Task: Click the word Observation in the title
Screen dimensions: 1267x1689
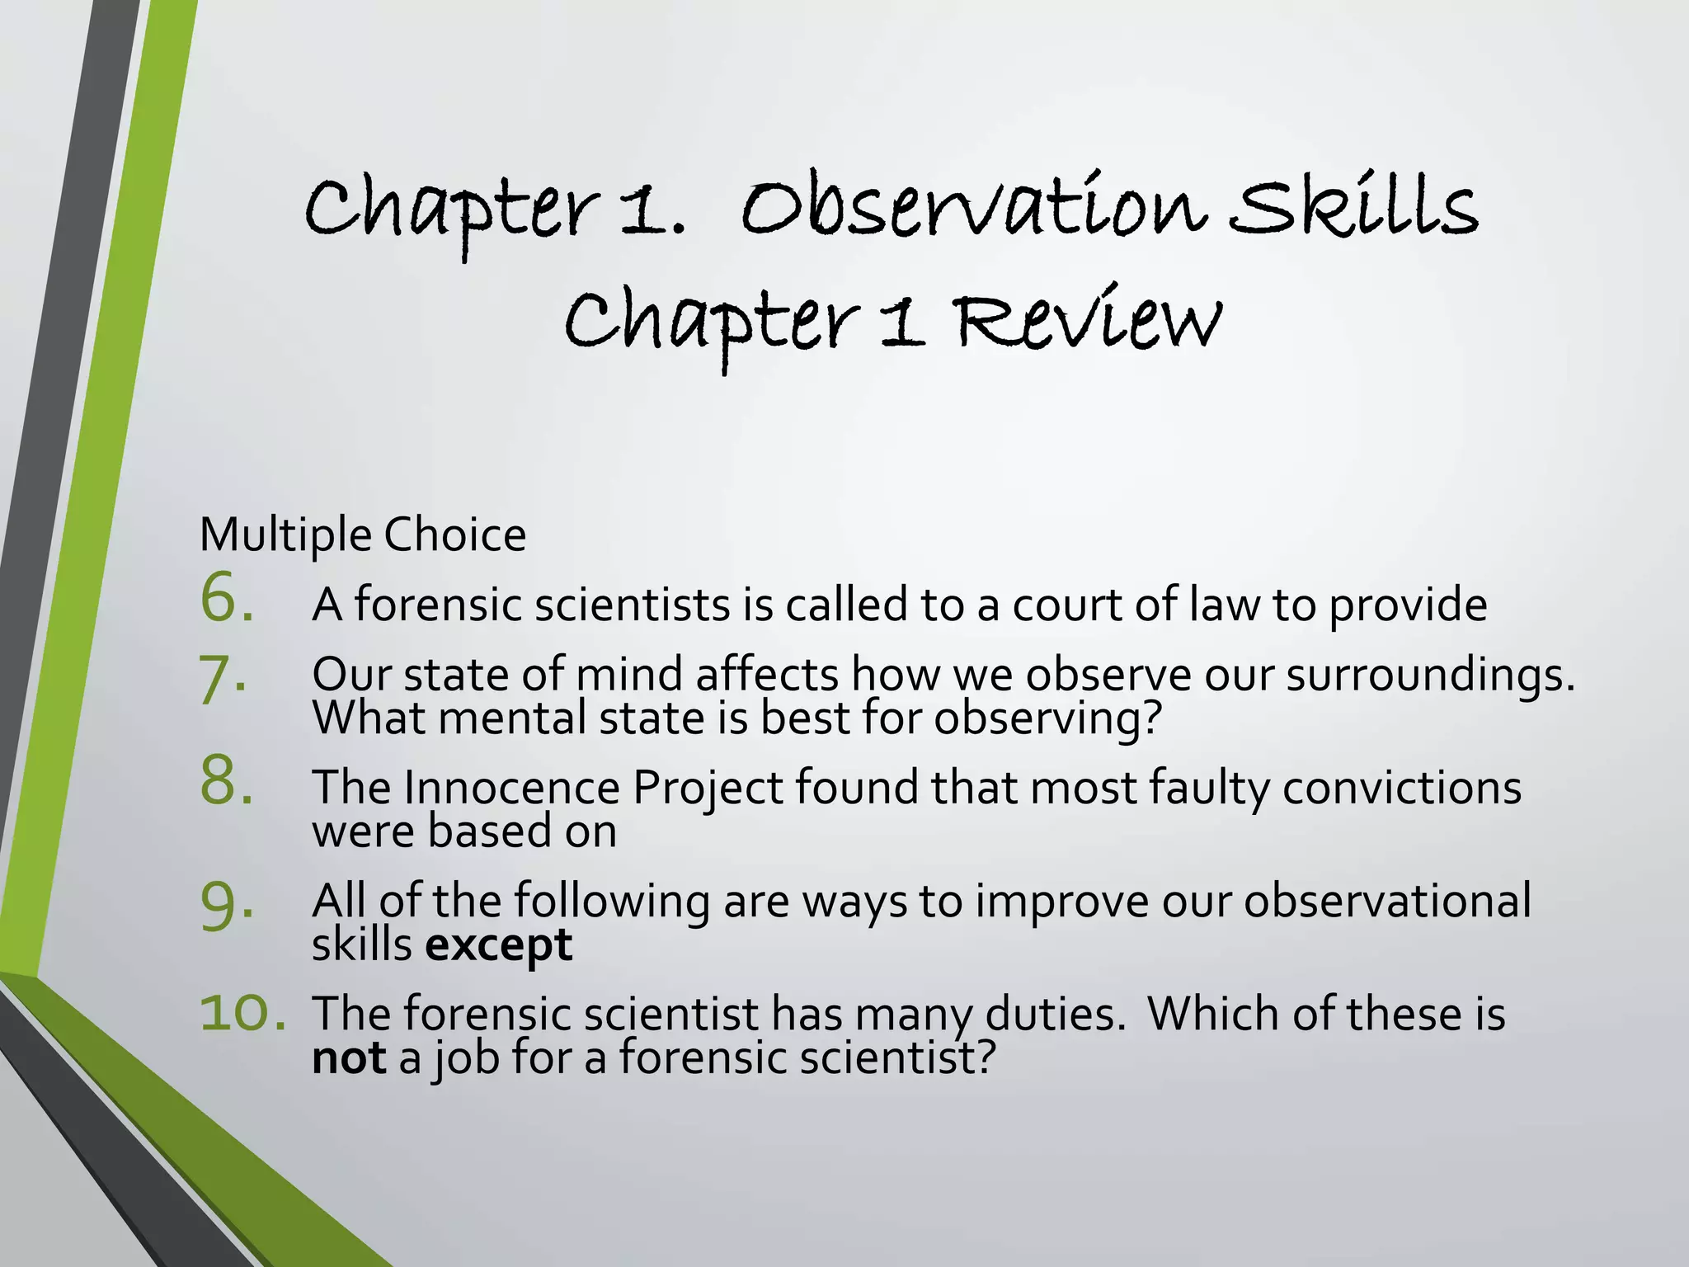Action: [973, 206]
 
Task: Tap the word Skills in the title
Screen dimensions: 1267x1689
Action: [1353, 206]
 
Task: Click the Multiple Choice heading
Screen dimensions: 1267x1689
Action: [363, 535]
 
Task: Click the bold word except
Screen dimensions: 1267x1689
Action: [499, 945]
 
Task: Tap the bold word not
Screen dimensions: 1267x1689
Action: [349, 1057]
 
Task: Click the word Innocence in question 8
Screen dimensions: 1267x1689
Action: [511, 787]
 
